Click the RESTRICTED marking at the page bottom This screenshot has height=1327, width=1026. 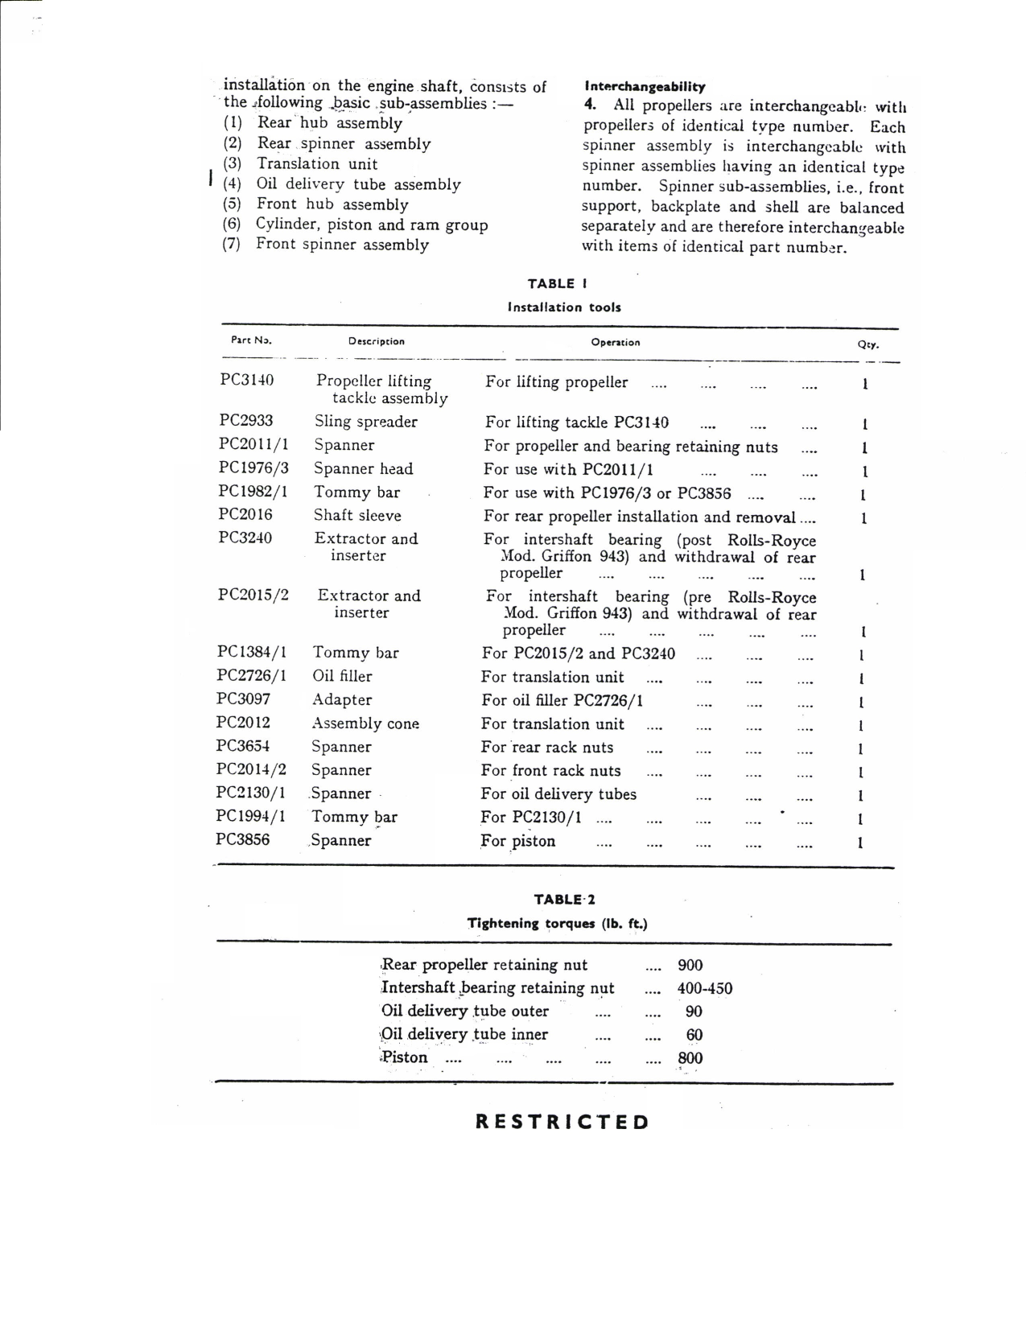pyautogui.click(x=562, y=1122)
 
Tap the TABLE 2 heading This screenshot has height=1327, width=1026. pyautogui.click(x=564, y=900)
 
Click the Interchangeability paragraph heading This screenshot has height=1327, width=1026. pyautogui.click(x=645, y=87)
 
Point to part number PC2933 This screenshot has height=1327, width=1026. pyautogui.click(x=246, y=421)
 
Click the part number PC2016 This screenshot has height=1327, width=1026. pyautogui.click(x=245, y=515)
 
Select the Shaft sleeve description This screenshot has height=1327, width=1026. pyautogui.click(x=357, y=516)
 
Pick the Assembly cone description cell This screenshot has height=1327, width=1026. pyautogui.click(x=365, y=723)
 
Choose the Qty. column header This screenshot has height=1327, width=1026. pyautogui.click(x=868, y=344)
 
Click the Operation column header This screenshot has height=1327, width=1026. pyautogui.click(x=616, y=343)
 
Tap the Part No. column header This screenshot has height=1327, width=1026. pyautogui.click(x=251, y=340)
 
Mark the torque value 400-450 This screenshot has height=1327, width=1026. pyautogui.click(x=705, y=988)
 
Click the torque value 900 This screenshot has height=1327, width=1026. pyautogui.click(x=690, y=965)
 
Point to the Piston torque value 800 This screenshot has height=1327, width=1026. pyautogui.click(x=690, y=1058)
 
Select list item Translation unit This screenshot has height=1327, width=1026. pyautogui.click(x=317, y=164)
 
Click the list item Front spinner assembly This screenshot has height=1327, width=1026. pyautogui.click(x=342, y=245)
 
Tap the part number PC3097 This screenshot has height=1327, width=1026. pyautogui.click(x=243, y=699)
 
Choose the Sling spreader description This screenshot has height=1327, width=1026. pyautogui.click(x=366, y=422)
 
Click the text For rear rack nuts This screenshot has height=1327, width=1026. pyautogui.click(x=547, y=748)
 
